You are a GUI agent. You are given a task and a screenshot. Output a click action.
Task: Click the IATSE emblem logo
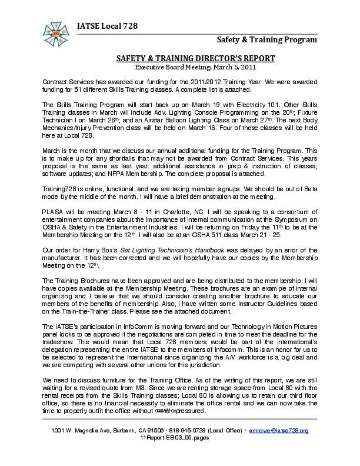(x=58, y=32)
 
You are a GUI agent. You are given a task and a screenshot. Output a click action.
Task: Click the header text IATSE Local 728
(x=106, y=24)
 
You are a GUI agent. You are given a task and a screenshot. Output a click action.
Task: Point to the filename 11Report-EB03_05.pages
(x=179, y=438)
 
